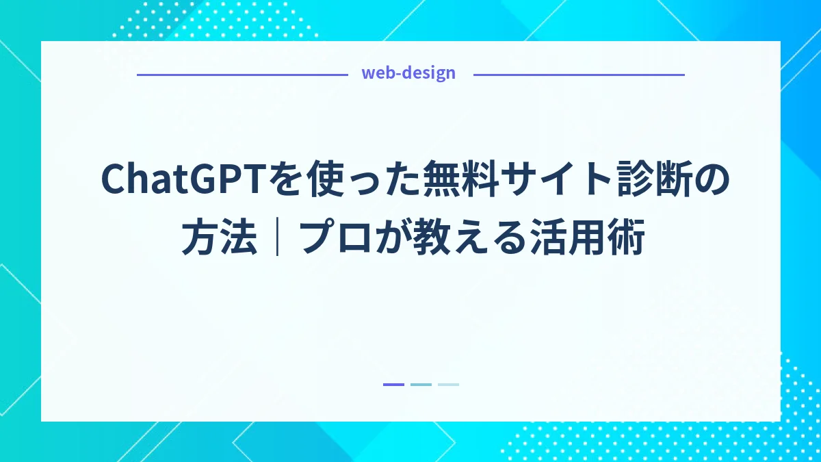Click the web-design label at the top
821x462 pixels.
click(x=408, y=73)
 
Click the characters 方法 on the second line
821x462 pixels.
click(x=219, y=240)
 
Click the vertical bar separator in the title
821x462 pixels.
click(x=277, y=240)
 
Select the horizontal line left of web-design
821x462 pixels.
click(x=243, y=74)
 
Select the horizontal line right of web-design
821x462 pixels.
click(x=579, y=74)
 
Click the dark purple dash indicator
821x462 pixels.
click(x=393, y=385)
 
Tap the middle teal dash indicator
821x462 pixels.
click(x=421, y=385)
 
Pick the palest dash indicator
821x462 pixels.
click(x=448, y=385)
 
